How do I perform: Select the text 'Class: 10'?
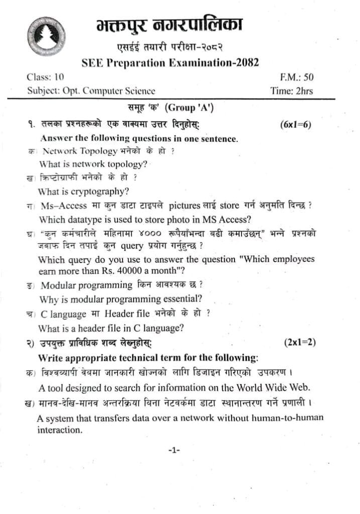coord(45,77)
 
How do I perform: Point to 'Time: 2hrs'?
coord(291,91)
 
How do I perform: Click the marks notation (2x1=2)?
coord(300,343)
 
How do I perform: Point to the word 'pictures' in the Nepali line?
coord(186,205)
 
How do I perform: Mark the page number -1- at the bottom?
coord(174,450)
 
